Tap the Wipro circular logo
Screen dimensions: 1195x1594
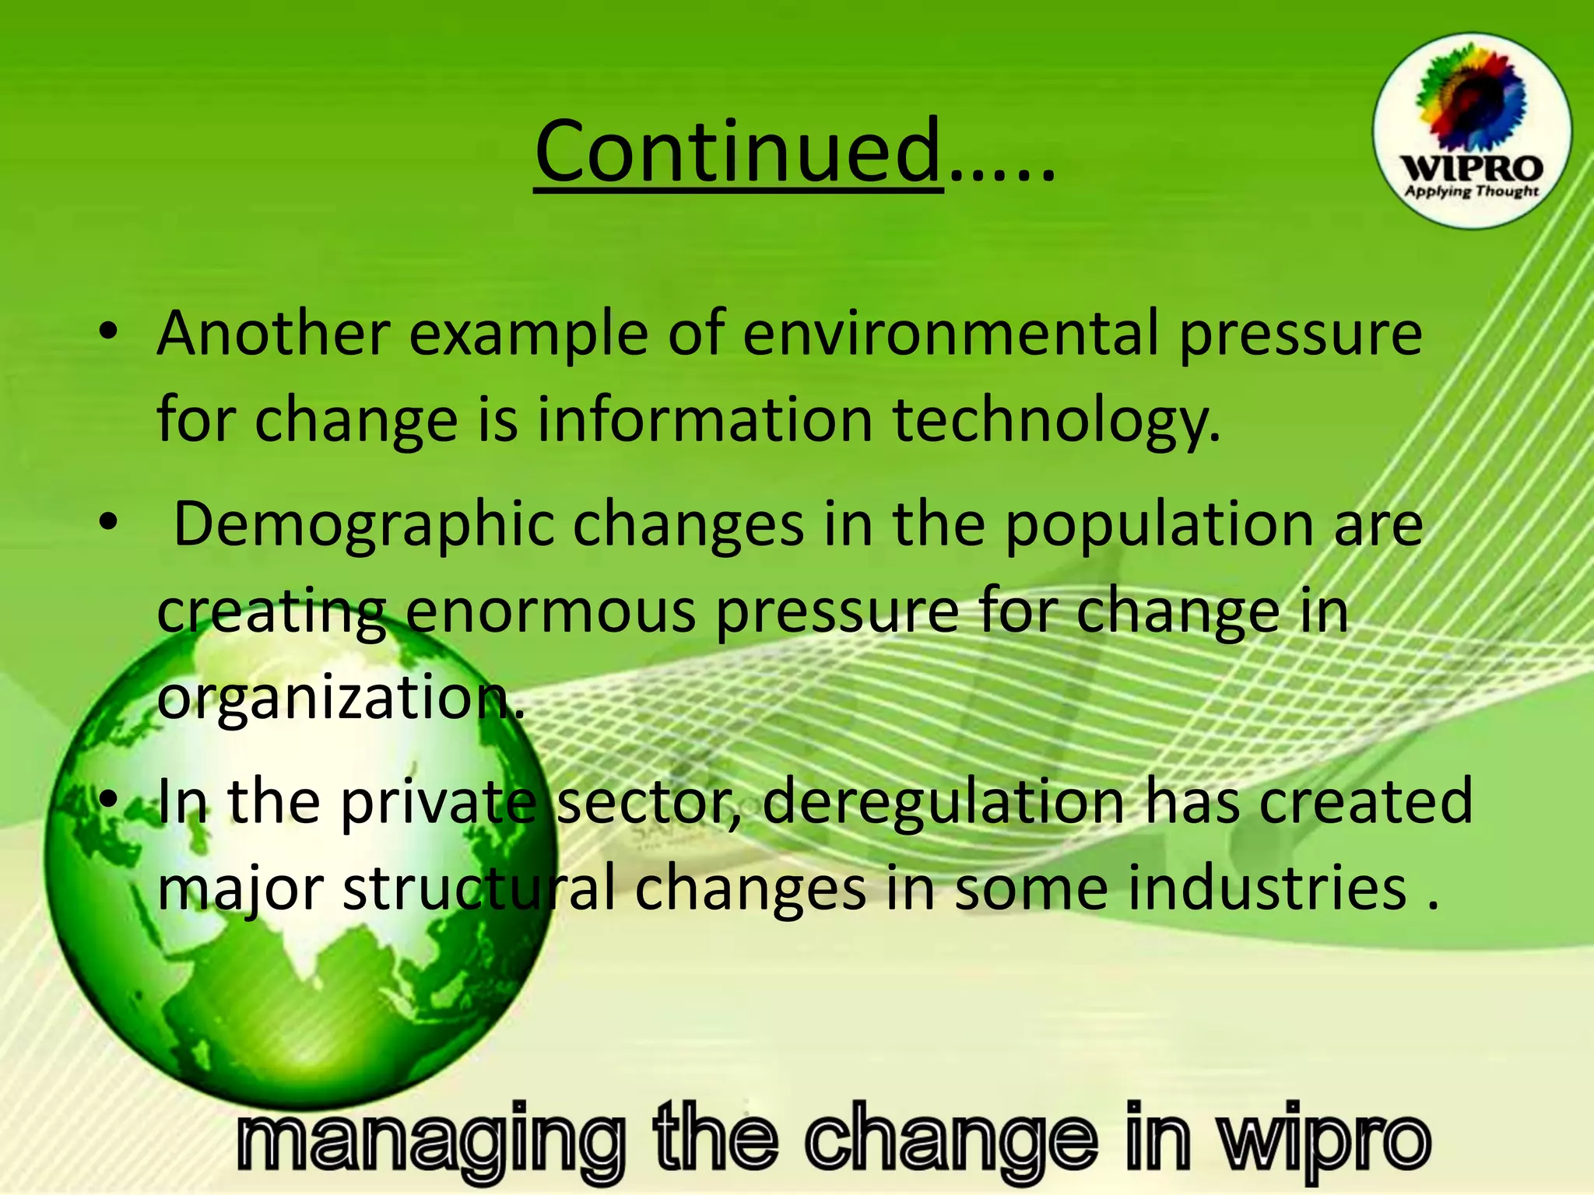tap(1470, 131)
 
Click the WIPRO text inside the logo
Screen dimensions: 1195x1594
tap(1470, 169)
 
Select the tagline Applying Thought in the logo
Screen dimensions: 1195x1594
tap(1470, 191)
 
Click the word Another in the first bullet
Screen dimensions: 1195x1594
tap(272, 333)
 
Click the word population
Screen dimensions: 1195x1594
tap(1160, 525)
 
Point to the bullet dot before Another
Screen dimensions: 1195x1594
tap(108, 333)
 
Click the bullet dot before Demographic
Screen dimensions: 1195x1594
tap(108, 523)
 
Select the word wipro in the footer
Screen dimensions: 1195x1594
tap(1323, 1141)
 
